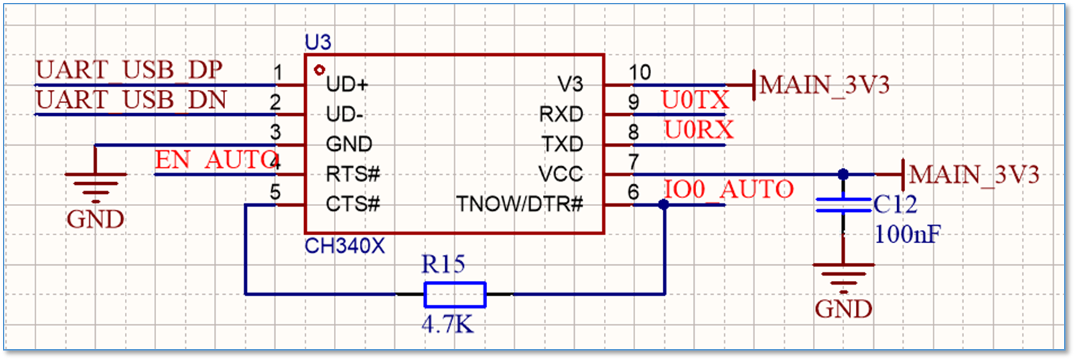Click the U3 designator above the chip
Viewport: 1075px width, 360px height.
318,43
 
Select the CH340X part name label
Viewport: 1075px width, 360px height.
345,246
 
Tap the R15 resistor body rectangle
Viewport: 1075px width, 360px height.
455,295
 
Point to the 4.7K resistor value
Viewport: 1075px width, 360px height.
447,325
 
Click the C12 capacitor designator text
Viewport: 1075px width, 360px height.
895,205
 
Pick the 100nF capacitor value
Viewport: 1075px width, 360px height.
907,234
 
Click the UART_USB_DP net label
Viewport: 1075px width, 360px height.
129,70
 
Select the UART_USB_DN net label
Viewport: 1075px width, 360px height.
131,100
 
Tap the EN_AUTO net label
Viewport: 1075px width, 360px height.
217,160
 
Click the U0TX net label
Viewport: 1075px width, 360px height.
695,100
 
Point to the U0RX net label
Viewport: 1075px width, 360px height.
699,130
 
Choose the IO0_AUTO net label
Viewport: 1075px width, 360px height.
729,189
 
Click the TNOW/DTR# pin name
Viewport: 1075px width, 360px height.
519,204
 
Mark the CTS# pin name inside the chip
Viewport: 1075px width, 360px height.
353,204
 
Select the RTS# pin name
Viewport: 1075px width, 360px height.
353,173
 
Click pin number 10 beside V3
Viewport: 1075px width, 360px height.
639,73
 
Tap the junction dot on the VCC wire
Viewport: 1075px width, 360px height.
843,174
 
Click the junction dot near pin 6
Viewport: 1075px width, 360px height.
663,205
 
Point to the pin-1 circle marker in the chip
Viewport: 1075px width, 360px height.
319,70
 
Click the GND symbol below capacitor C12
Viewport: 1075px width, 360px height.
843,279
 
